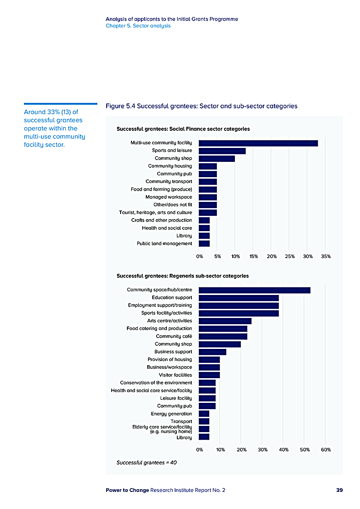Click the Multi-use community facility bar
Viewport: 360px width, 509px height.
(x=258, y=143)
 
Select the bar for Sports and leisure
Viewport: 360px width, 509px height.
(x=222, y=151)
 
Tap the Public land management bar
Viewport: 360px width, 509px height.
(x=204, y=244)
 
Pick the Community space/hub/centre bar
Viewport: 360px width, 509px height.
(x=254, y=290)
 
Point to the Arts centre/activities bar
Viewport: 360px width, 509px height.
(x=225, y=321)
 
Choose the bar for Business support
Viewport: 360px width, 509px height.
(x=212, y=352)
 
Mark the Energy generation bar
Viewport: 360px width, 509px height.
(x=204, y=414)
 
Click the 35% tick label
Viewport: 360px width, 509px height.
(x=326, y=256)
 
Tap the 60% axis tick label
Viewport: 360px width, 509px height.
(x=326, y=449)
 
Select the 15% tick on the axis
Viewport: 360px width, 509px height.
(x=253, y=256)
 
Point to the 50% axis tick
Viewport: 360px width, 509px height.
(x=304, y=449)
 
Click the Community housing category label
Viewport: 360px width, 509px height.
(x=170, y=166)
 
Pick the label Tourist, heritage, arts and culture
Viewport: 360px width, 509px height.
(x=155, y=213)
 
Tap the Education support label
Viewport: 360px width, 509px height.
(x=172, y=298)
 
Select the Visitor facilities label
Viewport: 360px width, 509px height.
(x=175, y=375)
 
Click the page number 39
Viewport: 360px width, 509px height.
(x=339, y=490)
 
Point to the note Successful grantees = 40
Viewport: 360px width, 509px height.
(x=146, y=462)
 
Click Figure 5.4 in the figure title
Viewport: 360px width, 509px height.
(x=120, y=106)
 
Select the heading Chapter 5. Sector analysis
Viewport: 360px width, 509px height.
(x=138, y=26)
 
